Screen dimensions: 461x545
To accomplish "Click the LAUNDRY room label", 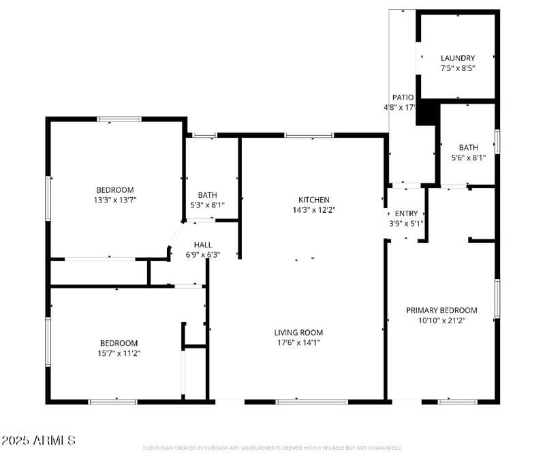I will [457, 58].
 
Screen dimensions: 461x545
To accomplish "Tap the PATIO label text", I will [403, 98].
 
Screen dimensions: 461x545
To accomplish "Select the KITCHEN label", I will [313, 200].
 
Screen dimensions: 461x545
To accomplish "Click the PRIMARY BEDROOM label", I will [441, 310].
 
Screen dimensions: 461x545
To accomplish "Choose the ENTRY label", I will [406, 213].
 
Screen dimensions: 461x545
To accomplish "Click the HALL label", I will [202, 245].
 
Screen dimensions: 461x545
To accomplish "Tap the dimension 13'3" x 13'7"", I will [114, 200].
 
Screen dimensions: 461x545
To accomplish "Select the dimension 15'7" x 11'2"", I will [119, 353].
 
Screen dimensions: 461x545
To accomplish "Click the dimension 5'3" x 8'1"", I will [207, 205].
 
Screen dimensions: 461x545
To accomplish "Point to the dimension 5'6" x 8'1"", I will [468, 158].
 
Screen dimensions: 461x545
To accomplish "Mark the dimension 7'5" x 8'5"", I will [457, 68].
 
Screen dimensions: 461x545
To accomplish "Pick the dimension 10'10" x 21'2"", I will [441, 320].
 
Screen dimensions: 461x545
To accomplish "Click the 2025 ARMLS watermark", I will [38, 441].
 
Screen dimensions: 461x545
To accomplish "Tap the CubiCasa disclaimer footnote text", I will [272, 448].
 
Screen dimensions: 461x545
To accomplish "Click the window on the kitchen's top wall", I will [309, 135].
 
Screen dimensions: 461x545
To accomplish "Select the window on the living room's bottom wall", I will [311, 402].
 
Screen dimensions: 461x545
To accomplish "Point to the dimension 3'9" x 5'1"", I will [406, 223].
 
